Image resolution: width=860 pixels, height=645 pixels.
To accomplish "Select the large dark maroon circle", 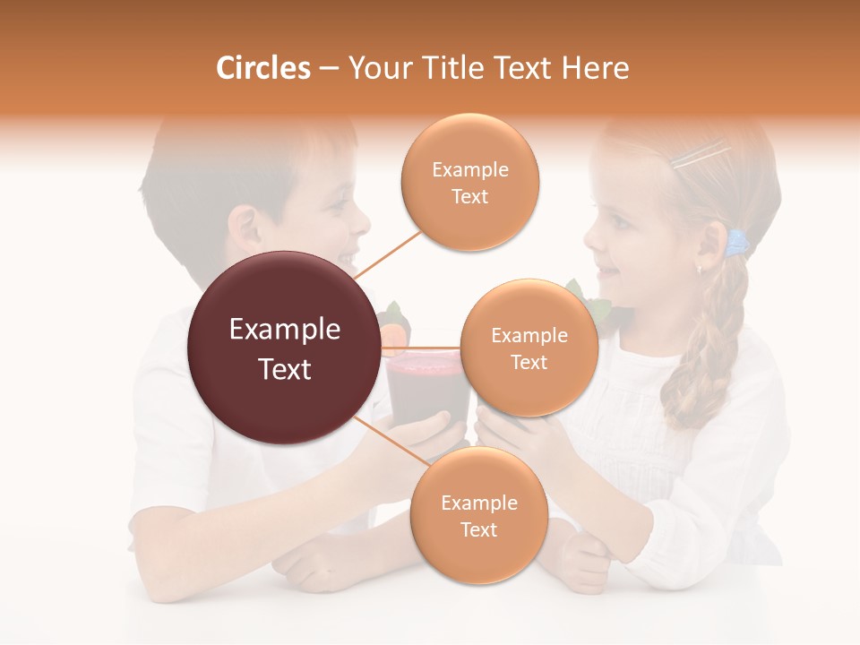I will coord(284,348).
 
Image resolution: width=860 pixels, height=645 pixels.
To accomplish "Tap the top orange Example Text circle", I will coord(469,182).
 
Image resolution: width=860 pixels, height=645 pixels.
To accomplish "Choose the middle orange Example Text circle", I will coord(529,348).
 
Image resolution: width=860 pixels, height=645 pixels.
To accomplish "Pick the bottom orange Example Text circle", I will coord(478,515).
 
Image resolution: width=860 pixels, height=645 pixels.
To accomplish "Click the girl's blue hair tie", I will coord(736,242).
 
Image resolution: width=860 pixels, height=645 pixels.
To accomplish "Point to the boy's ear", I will coord(244,229).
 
